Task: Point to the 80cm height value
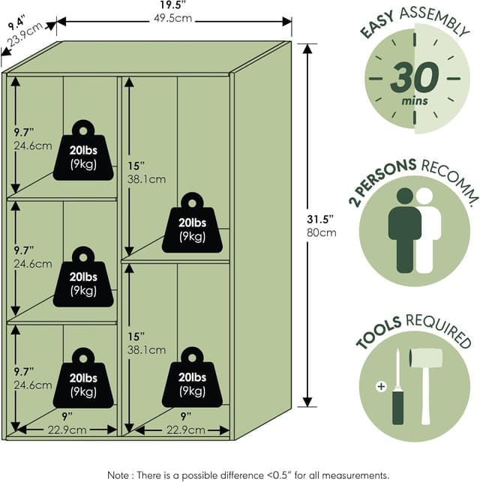(x=325, y=232)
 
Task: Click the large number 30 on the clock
(x=412, y=78)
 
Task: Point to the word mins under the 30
(x=415, y=101)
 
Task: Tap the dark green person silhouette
(x=404, y=229)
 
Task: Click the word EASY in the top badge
(x=381, y=25)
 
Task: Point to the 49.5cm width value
(x=173, y=19)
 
